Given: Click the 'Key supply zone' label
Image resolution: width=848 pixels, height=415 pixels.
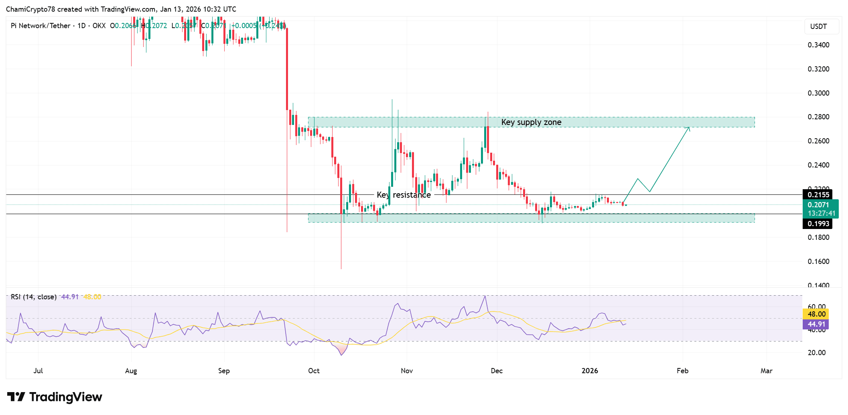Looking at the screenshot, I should pyautogui.click(x=531, y=122).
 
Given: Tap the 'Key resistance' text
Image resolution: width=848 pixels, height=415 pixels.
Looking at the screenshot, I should pyautogui.click(x=404, y=195).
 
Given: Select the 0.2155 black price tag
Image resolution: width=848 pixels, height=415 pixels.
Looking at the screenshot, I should pyautogui.click(x=818, y=195).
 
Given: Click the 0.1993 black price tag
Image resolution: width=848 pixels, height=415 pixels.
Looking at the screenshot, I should pyautogui.click(x=818, y=224).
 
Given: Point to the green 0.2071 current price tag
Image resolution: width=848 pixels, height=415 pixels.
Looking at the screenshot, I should pyautogui.click(x=821, y=209).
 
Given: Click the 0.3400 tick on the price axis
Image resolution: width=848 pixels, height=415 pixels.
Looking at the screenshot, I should pyautogui.click(x=818, y=45).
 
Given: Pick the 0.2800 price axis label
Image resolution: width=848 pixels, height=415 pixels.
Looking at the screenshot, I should pyautogui.click(x=818, y=117).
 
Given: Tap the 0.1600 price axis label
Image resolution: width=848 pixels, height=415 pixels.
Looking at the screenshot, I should pyautogui.click(x=818, y=262).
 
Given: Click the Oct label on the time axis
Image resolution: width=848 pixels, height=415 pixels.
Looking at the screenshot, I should pyautogui.click(x=314, y=371).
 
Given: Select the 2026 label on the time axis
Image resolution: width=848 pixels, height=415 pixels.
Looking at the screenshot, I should pyautogui.click(x=590, y=371).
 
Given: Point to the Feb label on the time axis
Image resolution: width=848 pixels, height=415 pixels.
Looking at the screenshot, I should pyautogui.click(x=682, y=371).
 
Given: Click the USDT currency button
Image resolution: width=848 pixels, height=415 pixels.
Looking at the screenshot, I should pyautogui.click(x=818, y=27).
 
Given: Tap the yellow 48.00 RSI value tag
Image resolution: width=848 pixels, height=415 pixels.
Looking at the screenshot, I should pyautogui.click(x=816, y=314).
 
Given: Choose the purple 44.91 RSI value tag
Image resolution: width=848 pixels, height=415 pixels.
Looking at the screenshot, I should pyautogui.click(x=816, y=324).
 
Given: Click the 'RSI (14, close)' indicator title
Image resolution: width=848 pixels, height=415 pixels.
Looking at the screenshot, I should pyautogui.click(x=34, y=297).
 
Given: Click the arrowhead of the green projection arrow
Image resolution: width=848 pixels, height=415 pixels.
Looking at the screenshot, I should pyautogui.click(x=689, y=128).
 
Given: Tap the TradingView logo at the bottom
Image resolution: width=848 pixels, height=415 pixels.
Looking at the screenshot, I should pyautogui.click(x=55, y=397).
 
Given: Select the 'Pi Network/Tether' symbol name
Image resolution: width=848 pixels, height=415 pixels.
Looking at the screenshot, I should pyautogui.click(x=41, y=26).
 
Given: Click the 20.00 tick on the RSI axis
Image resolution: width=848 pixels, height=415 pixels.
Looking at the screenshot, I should pyautogui.click(x=816, y=353).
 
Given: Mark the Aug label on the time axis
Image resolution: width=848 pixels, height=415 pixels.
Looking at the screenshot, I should pyautogui.click(x=131, y=371).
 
